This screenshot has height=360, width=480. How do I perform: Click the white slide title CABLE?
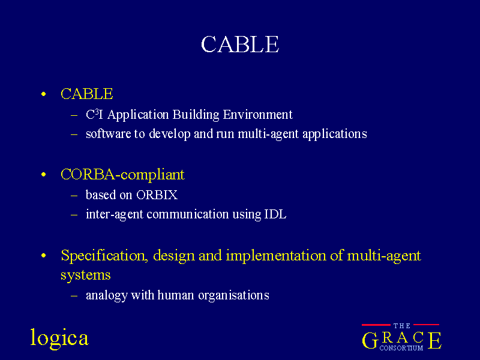(x=239, y=44)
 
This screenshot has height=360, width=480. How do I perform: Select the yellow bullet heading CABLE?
(x=87, y=94)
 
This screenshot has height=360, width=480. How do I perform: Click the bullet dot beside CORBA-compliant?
(x=43, y=175)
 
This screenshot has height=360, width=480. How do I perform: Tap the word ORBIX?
(x=157, y=195)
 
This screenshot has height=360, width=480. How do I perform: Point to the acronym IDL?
(x=275, y=214)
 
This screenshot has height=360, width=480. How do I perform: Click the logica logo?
(x=59, y=338)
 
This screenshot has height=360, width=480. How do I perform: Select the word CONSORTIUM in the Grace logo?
(x=401, y=348)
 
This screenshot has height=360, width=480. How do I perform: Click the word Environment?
(x=257, y=115)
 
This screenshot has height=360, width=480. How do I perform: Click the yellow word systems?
(x=85, y=275)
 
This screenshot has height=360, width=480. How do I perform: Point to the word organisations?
(x=233, y=295)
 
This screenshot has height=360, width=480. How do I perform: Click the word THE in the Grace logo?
(x=401, y=326)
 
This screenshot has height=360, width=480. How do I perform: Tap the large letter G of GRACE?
(x=370, y=340)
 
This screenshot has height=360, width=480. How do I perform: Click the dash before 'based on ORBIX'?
(x=74, y=196)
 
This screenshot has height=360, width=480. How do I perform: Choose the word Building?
(x=196, y=115)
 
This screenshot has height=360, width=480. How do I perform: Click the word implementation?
(x=276, y=256)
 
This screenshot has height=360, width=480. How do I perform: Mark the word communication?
(x=188, y=214)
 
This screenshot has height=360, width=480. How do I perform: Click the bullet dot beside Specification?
(x=43, y=256)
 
